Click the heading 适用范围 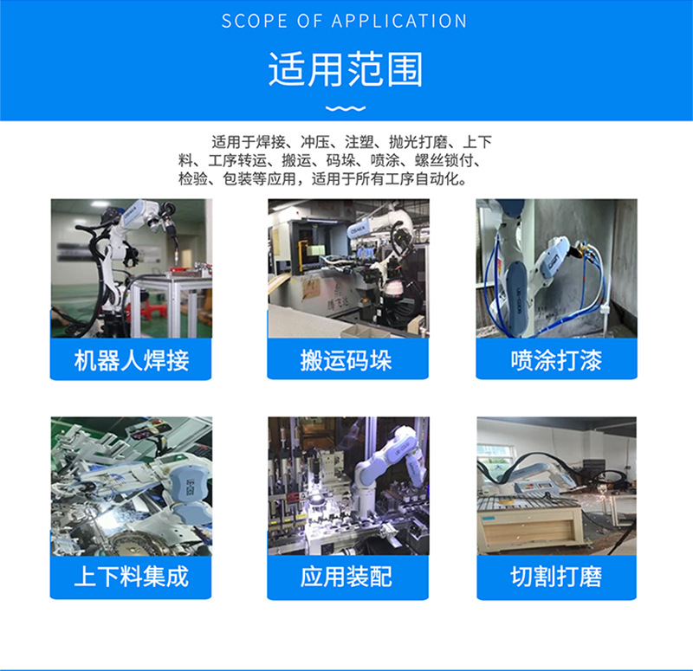pos(346,70)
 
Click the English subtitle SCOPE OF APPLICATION pos(345,22)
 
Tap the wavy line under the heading pos(346,108)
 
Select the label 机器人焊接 pos(131,361)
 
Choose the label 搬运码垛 pos(347,361)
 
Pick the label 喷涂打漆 pos(556,361)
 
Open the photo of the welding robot pos(131,268)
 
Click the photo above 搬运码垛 pos(347,268)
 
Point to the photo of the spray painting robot pos(556,268)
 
